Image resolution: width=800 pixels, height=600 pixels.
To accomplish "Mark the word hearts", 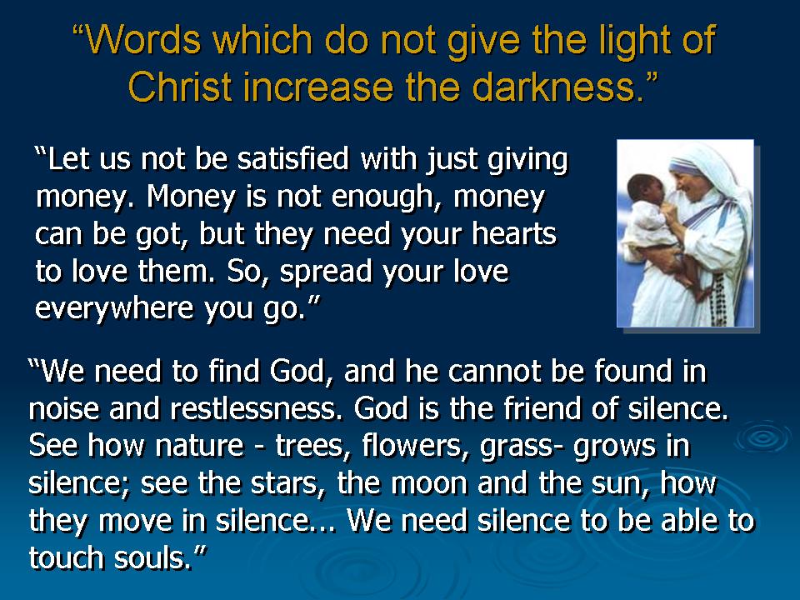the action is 514,233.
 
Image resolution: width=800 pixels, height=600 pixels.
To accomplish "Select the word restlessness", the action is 256,408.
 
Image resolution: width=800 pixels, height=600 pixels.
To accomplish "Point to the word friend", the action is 542,408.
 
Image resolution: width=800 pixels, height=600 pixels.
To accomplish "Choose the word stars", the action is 287,483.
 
